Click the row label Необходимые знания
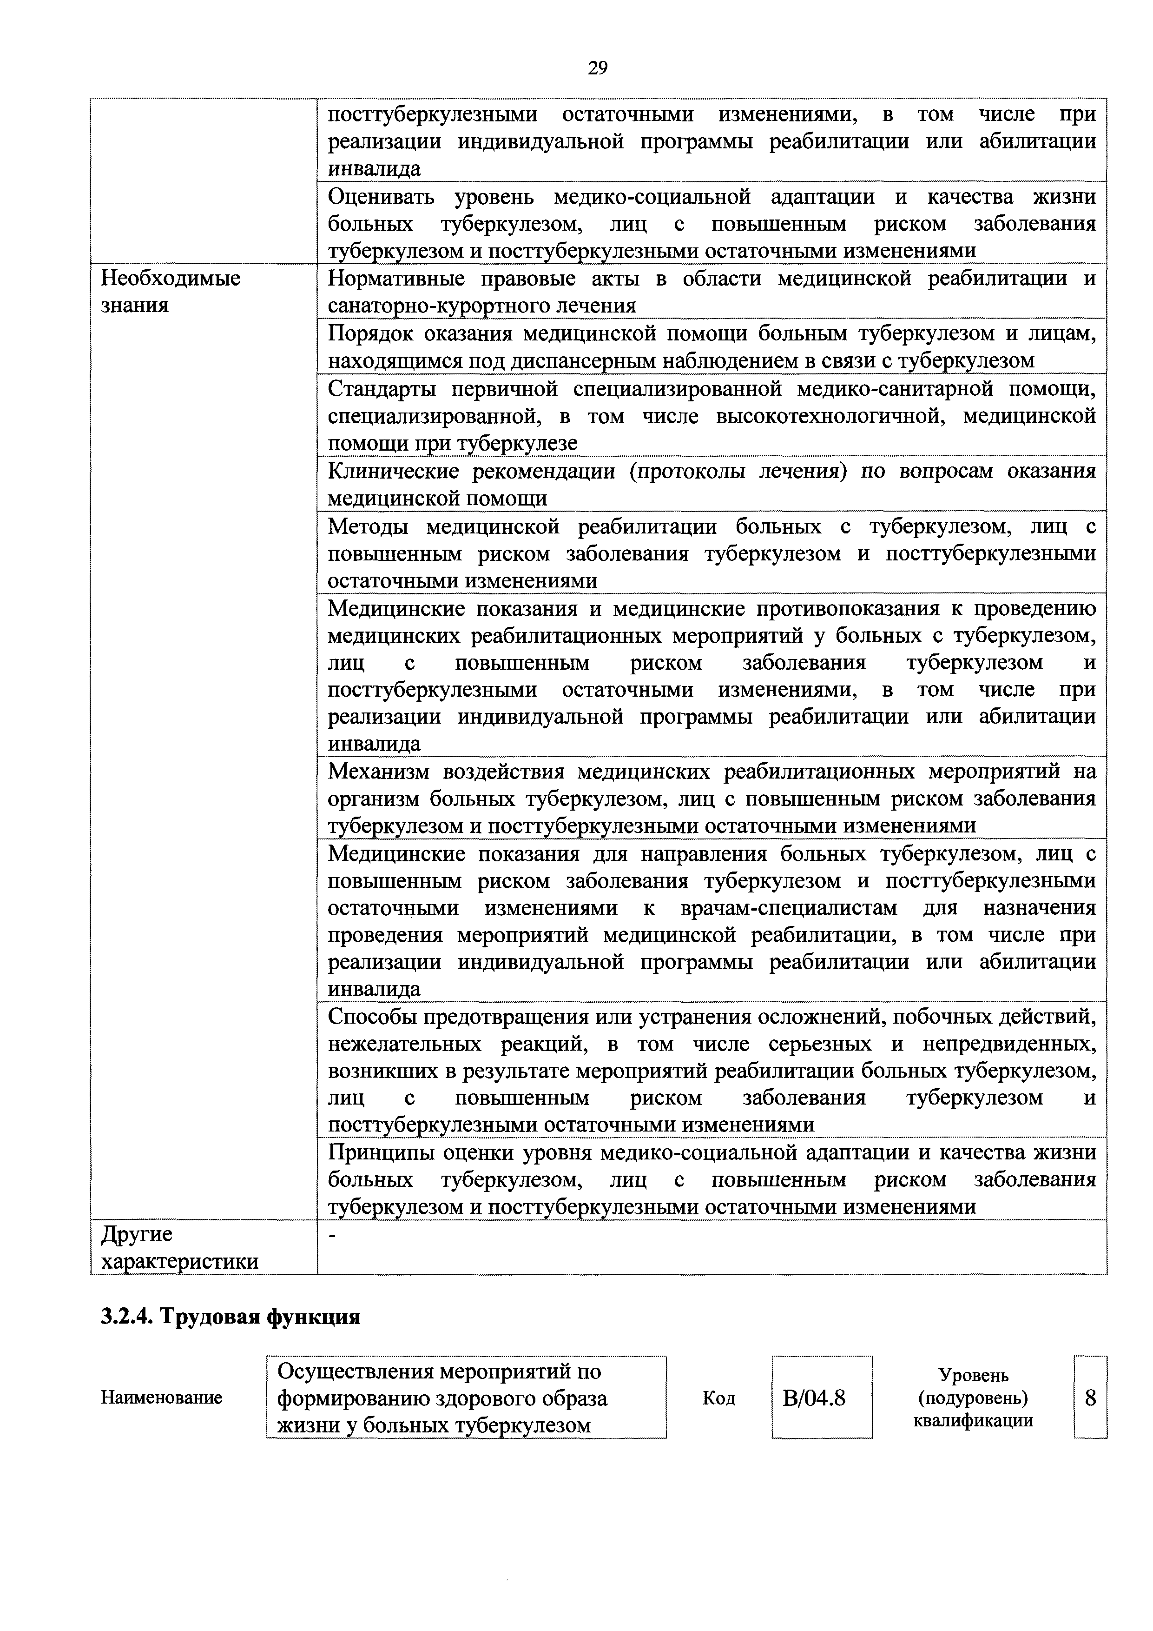tap(171, 291)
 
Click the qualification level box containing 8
tap(1091, 1398)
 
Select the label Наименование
tap(161, 1398)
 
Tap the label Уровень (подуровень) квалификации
tap(973, 1398)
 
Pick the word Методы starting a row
tap(368, 527)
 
